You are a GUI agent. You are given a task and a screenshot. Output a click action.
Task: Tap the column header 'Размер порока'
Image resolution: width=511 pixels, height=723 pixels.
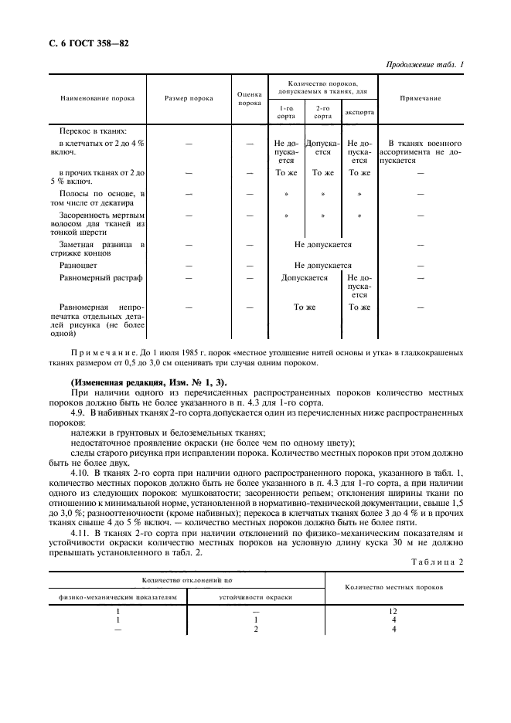(189, 99)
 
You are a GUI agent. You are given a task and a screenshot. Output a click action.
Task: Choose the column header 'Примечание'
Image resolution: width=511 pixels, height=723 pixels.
(421, 99)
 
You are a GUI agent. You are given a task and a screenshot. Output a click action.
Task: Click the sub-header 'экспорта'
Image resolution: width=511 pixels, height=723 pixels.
(359, 113)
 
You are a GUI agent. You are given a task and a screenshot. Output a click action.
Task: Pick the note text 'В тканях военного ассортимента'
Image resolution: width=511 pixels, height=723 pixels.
(424, 148)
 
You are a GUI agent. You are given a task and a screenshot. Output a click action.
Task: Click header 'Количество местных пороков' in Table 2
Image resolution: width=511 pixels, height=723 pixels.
(393, 588)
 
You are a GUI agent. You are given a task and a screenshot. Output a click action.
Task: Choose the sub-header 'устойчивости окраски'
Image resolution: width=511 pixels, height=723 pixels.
(255, 597)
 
